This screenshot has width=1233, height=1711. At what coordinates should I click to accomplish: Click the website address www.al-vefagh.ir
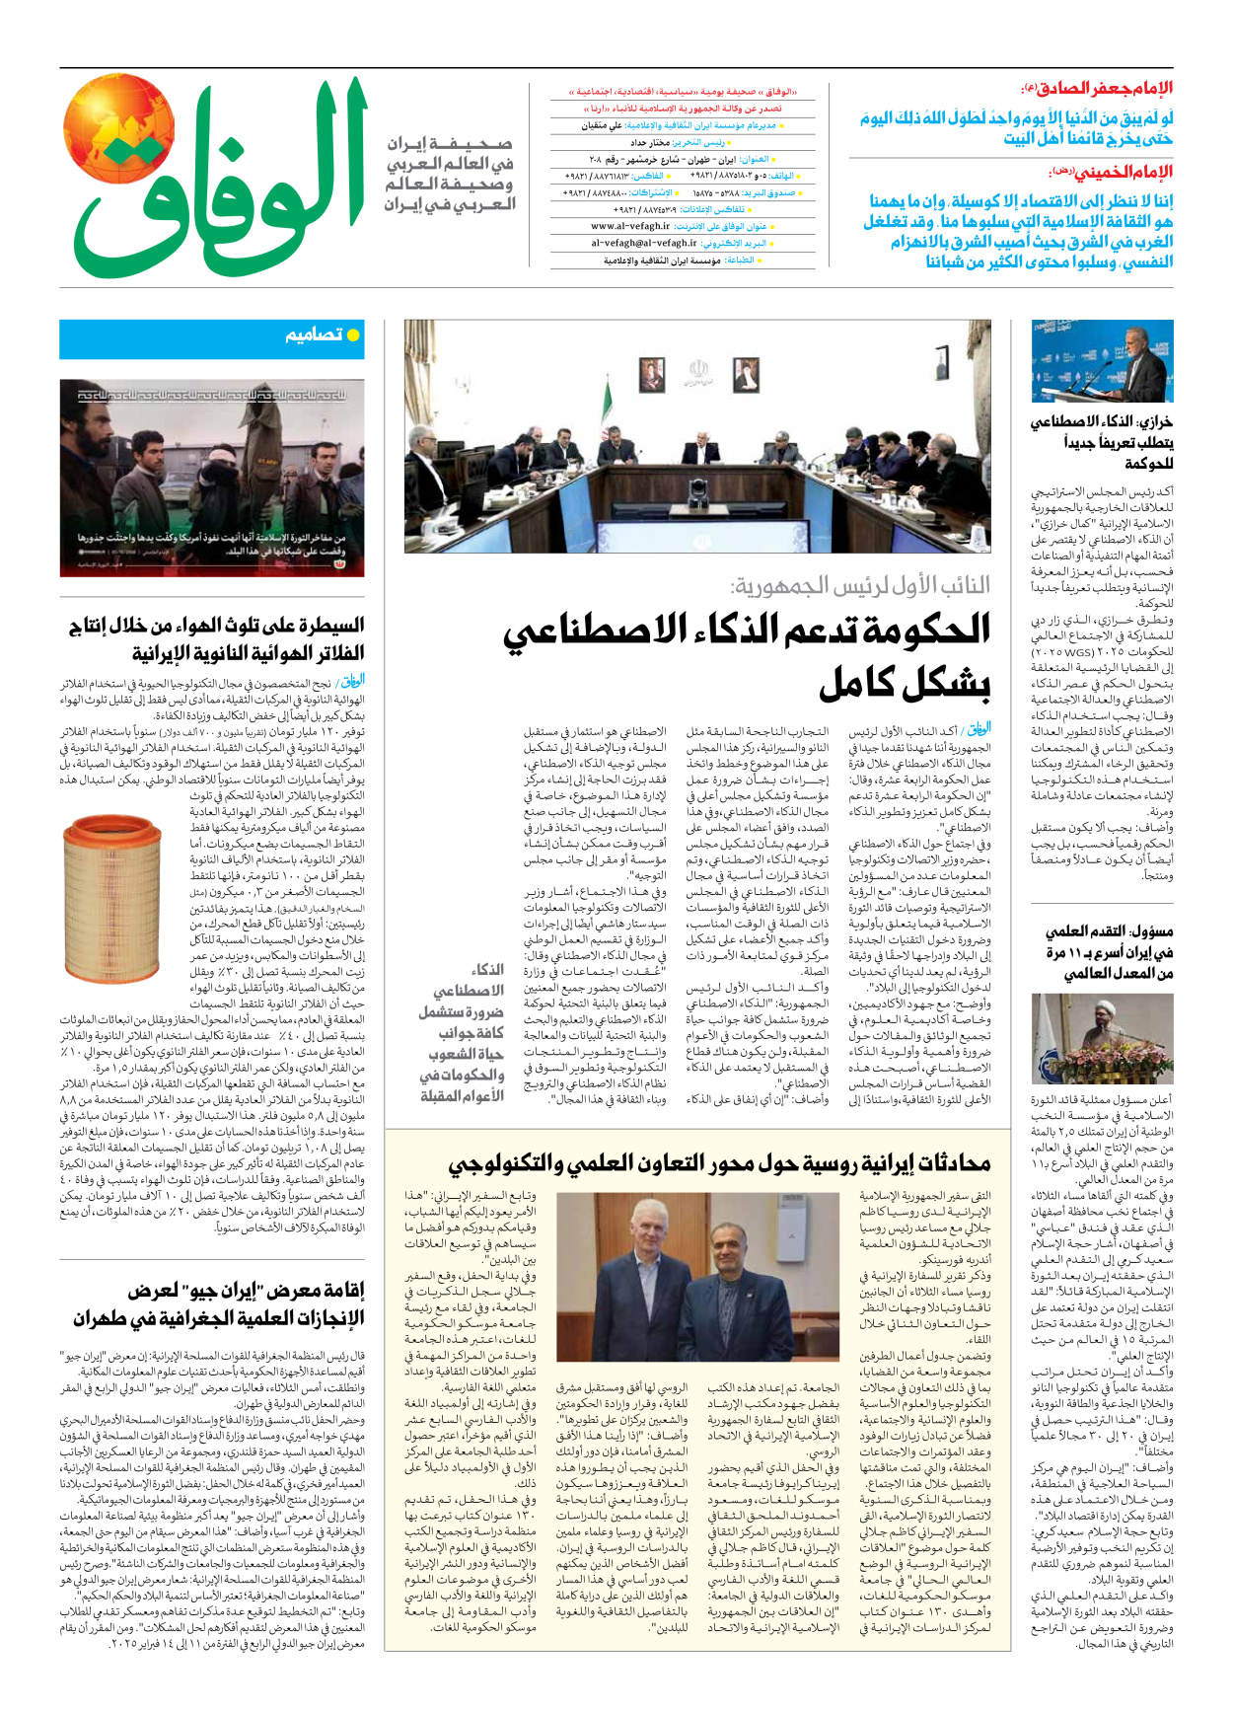point(630,226)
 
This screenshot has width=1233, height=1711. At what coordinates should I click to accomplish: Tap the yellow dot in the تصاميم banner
point(353,336)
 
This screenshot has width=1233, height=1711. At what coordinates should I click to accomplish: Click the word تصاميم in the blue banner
point(314,336)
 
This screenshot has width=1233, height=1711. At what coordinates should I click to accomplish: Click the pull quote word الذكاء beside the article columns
point(487,969)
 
